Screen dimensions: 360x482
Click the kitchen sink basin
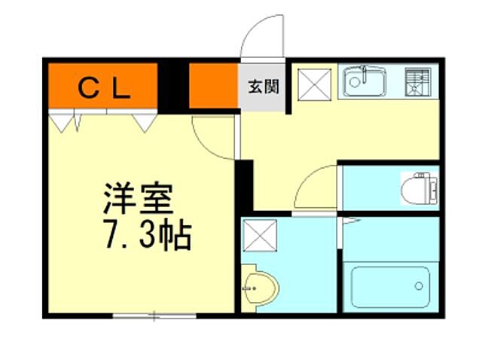(x=365, y=82)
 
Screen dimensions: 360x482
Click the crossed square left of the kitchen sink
(x=313, y=83)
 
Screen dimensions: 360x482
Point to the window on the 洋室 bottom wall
(x=154, y=316)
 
